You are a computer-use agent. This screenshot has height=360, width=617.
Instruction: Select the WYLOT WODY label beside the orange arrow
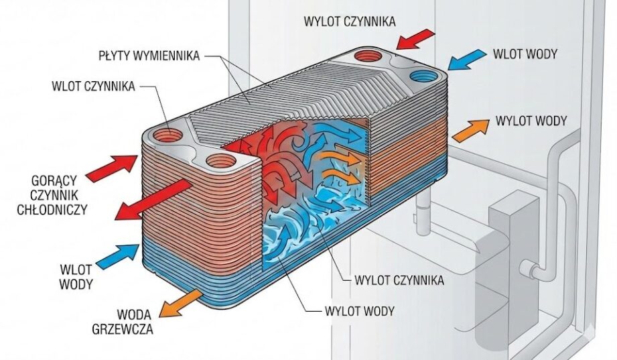click(531, 121)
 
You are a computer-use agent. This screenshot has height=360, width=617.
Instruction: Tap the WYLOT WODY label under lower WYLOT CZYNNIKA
click(358, 311)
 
